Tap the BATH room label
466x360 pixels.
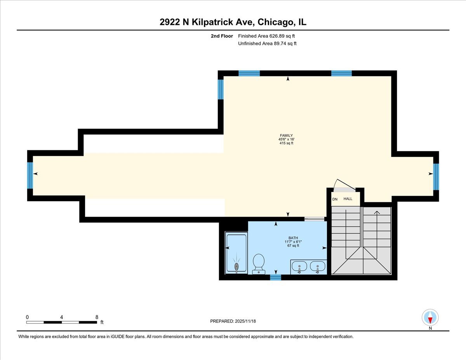(293, 238)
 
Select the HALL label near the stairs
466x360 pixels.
(348, 199)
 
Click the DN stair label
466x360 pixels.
(335, 199)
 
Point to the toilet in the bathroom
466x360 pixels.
(258, 264)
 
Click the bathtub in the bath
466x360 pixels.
(236, 252)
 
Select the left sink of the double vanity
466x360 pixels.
(299, 267)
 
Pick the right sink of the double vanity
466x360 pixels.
(318, 267)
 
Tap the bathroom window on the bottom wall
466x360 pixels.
(275, 277)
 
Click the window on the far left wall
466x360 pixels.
(30, 175)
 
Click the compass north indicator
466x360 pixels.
(430, 318)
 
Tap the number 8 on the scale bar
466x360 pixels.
(97, 317)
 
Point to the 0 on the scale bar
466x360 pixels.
(27, 317)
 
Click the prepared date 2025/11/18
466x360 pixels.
(233, 321)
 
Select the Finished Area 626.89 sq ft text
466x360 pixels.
(269, 36)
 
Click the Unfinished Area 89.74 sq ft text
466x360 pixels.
(267, 43)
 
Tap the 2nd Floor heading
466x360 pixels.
(222, 36)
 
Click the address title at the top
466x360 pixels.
(233, 22)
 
